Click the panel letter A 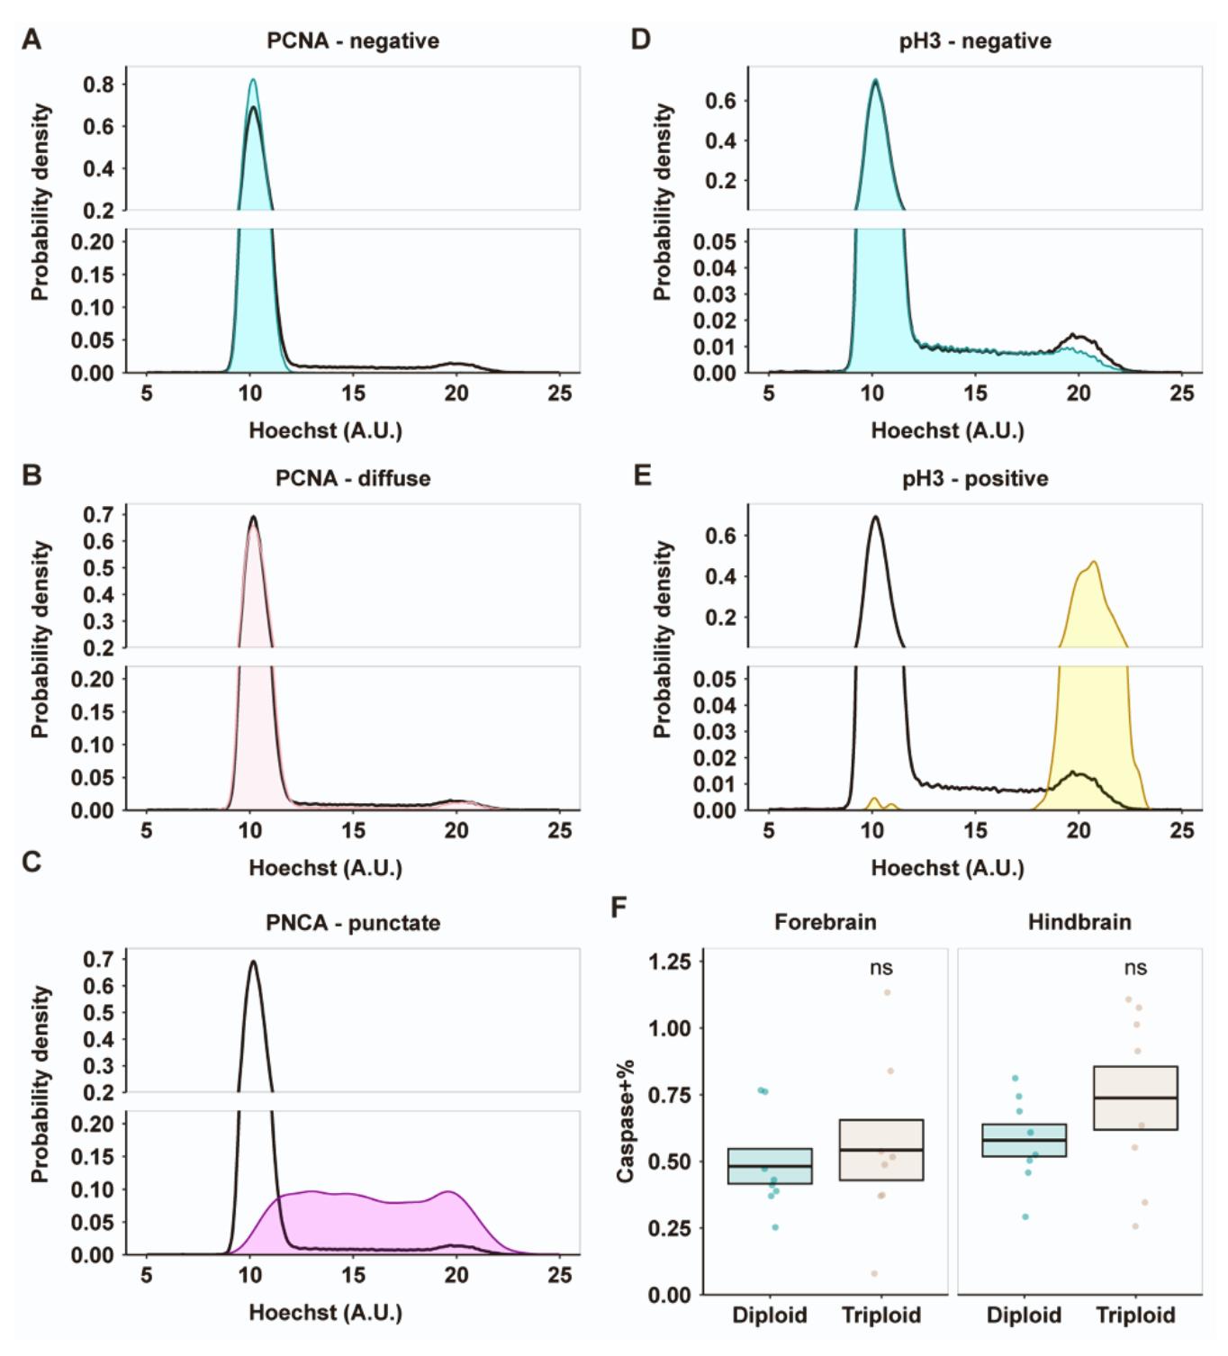32,41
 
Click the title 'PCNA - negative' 353,41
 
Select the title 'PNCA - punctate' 353,923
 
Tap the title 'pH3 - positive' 975,478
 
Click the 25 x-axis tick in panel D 1181,393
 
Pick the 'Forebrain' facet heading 825,922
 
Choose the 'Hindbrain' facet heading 1079,922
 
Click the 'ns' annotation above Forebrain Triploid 881,968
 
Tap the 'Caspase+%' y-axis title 626,1121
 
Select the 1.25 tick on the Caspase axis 670,962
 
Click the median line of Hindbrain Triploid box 1135,1098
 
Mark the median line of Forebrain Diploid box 770,1166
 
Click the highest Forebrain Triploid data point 887,992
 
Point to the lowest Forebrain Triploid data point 874,1273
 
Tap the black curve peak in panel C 253,962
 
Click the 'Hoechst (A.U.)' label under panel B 325,868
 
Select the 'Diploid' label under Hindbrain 1024,1315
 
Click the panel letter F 619,907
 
